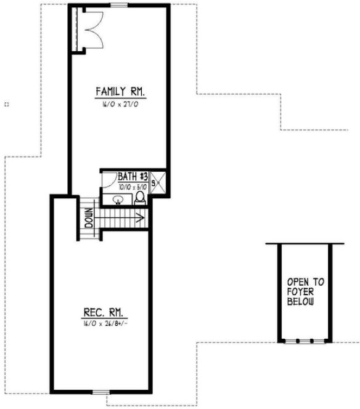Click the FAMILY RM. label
pos(120,92)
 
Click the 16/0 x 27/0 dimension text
pos(120,105)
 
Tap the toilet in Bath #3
pos(140,197)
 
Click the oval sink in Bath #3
pos(118,200)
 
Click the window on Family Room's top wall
pos(120,5)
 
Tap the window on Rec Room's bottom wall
pos(99,391)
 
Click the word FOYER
pos(301,293)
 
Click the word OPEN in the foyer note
pos(301,283)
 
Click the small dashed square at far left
pos(6,104)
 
